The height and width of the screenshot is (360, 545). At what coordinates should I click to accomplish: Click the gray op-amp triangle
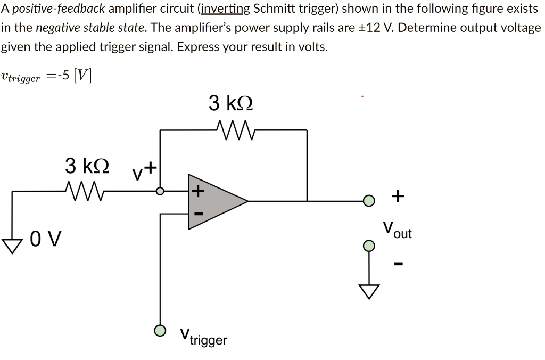213,201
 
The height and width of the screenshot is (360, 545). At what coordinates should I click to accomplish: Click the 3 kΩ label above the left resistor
87,166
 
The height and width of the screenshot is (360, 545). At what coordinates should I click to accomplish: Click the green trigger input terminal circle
160,331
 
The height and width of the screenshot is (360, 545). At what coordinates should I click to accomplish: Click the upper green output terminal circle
369,201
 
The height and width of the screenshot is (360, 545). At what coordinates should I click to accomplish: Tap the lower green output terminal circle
369,246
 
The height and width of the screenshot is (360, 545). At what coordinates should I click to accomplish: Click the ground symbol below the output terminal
369,290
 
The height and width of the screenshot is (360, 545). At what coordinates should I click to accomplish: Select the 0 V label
46,238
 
